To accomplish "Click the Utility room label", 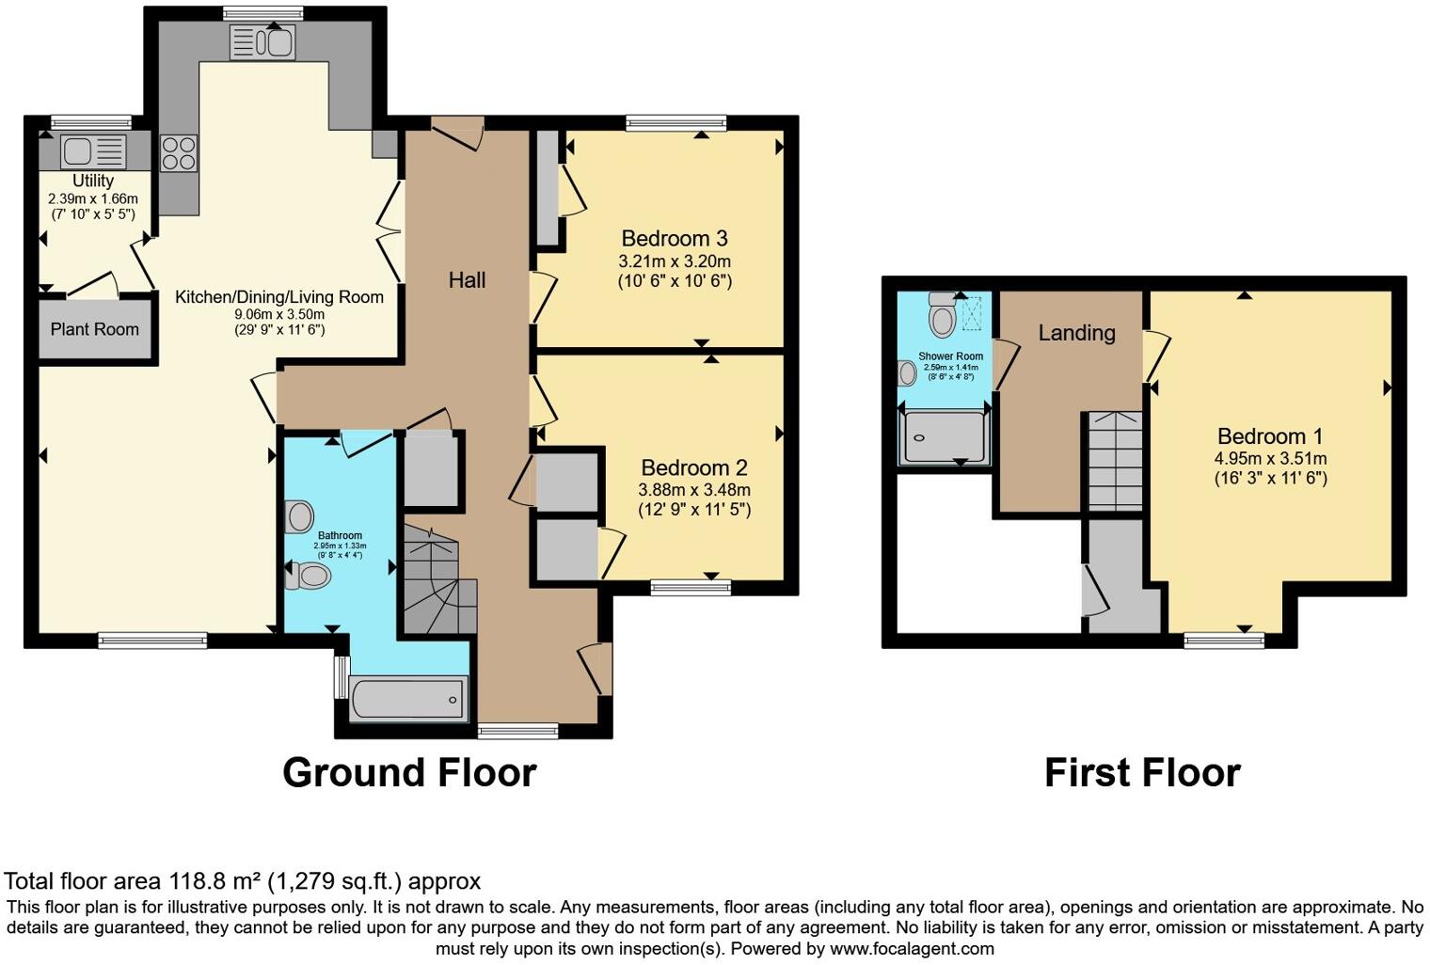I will click(x=93, y=181).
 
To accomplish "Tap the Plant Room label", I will click(x=94, y=329).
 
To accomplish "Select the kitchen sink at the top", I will click(x=262, y=42).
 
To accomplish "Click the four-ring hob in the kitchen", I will click(x=179, y=153).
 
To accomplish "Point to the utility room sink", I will click(x=93, y=151).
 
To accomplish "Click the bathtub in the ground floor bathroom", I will click(x=408, y=700).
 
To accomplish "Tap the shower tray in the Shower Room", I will click(x=944, y=438).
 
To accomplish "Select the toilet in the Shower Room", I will click(x=942, y=315).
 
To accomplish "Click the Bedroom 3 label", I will click(x=674, y=238).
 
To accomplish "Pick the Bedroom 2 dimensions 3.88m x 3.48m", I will click(x=694, y=490).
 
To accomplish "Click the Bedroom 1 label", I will click(x=1269, y=436).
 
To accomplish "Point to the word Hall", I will click(x=467, y=279).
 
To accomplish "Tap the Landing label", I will click(x=1076, y=332).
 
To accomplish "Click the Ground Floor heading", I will click(x=409, y=772).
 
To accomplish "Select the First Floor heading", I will click(x=1142, y=772).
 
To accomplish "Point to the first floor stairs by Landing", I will click(x=1115, y=461).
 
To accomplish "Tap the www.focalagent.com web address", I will click(x=912, y=948).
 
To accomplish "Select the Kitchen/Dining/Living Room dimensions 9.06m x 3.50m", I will click(x=279, y=314).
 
